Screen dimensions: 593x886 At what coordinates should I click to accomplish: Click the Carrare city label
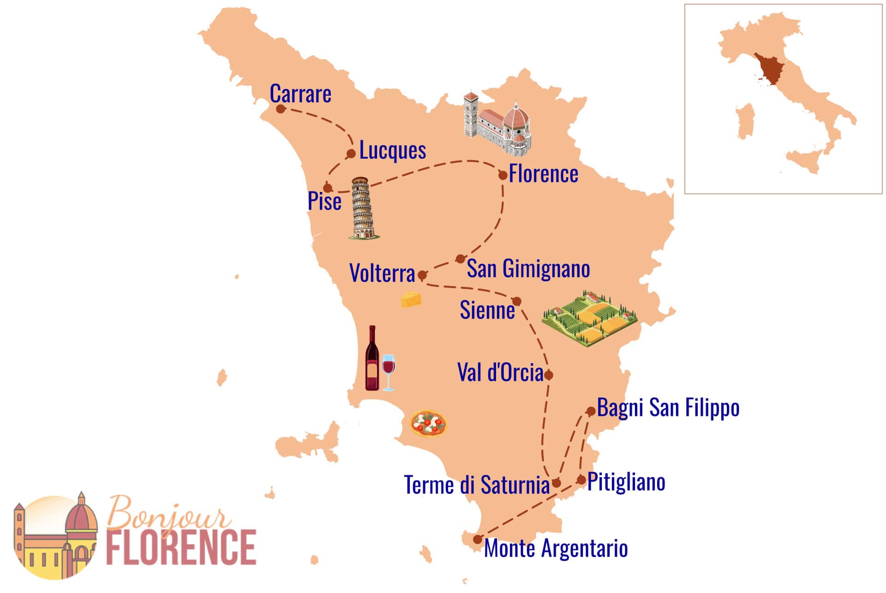[x=300, y=94]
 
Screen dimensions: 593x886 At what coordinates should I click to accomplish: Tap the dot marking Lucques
[x=351, y=154]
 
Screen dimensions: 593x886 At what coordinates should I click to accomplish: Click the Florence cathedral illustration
[x=497, y=124]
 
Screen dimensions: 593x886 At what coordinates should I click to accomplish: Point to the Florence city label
[x=543, y=174]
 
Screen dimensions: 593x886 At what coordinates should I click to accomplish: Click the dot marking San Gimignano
[x=460, y=259]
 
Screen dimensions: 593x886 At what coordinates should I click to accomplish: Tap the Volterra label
[x=382, y=273]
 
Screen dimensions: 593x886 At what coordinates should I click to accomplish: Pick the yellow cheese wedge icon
[x=411, y=299]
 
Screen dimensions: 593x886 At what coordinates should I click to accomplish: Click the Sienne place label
[x=487, y=310]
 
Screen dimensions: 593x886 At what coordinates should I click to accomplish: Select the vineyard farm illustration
[x=589, y=318]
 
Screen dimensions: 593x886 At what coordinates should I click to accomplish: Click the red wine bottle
[x=372, y=359]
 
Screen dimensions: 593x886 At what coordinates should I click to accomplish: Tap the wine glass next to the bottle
[x=389, y=371]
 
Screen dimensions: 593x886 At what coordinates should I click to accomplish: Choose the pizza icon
[x=428, y=423]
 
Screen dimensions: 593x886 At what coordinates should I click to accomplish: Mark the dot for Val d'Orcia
[x=548, y=375]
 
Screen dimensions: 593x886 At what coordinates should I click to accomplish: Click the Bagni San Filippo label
[x=668, y=407]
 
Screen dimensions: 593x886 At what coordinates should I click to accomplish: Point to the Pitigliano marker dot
[x=581, y=479]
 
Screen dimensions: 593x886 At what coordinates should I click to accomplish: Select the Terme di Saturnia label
[x=477, y=485]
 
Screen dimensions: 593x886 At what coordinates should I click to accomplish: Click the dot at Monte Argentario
[x=478, y=539]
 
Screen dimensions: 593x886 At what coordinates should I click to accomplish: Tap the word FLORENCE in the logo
[x=181, y=547]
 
